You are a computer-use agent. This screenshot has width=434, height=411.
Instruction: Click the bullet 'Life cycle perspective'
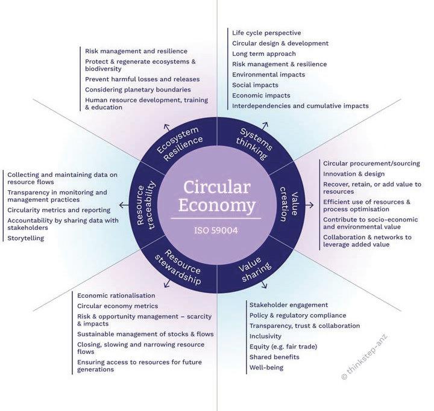pos(266,32)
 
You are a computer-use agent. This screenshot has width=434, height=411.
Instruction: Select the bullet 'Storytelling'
pos(26,238)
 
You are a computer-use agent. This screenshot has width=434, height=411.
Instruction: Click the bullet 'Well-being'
pos(266,367)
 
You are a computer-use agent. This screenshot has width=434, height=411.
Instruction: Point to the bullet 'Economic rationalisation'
pos(116,295)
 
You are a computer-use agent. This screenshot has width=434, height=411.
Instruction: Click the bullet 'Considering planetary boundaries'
pos(133,89)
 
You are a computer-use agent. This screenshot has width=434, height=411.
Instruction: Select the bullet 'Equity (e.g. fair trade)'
pos(283,347)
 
